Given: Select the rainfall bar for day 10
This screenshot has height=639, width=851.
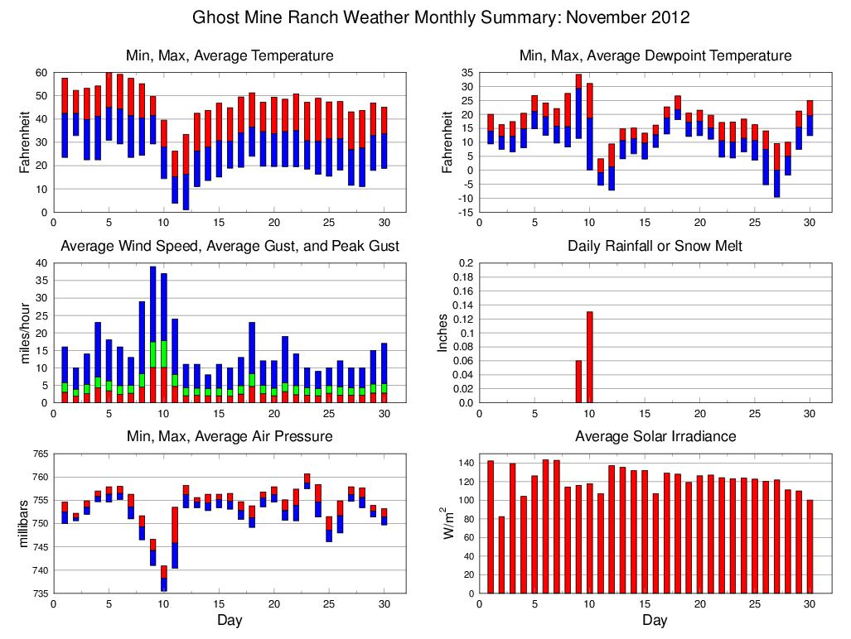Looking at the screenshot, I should [590, 357].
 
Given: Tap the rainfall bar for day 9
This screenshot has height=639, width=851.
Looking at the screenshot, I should [578, 382].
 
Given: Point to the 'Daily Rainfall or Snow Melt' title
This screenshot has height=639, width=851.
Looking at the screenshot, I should [655, 246].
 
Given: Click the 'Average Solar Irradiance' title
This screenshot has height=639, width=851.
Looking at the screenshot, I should [655, 436].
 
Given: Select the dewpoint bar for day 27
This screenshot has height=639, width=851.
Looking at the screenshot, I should [777, 171].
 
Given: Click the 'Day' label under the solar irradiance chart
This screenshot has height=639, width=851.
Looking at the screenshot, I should [655, 620].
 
